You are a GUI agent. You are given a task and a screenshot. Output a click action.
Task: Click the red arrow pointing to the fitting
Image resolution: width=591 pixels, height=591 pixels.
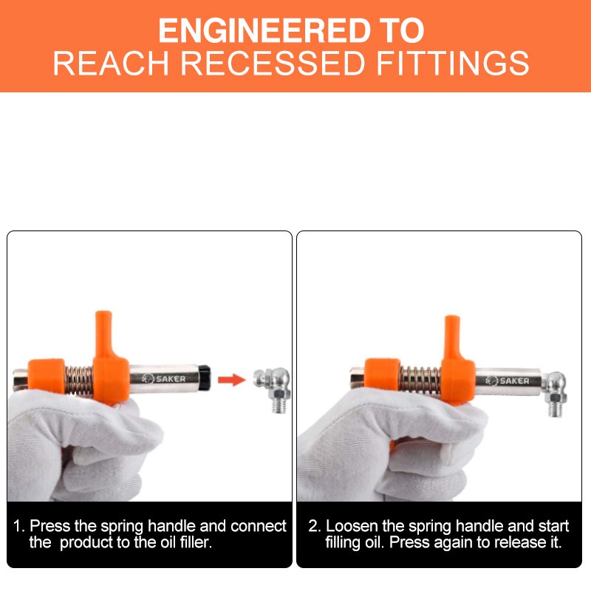click(230, 380)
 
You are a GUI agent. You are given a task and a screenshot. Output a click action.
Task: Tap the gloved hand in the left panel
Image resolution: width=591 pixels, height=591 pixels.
click(81, 443)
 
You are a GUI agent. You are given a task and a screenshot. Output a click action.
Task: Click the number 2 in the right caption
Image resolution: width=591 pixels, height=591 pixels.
click(313, 527)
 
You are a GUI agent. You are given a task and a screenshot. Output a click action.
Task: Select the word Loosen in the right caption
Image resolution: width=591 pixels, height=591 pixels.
click(350, 527)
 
